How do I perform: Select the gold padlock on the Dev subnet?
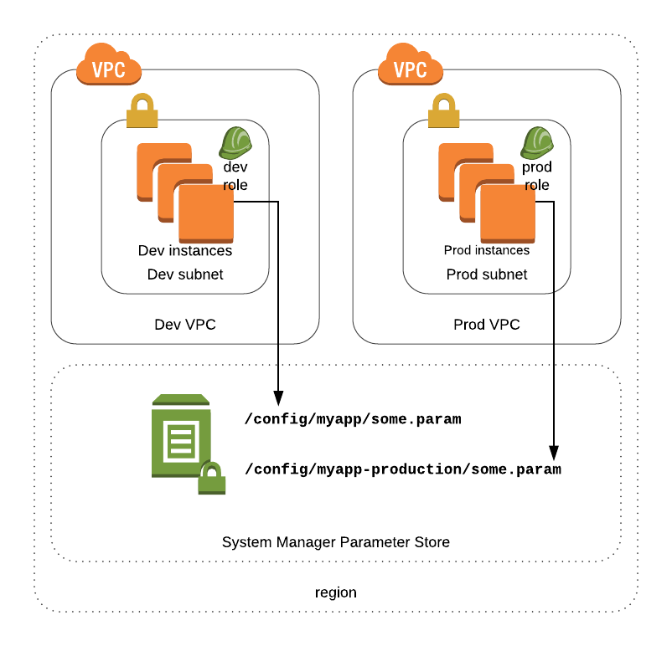click(x=142, y=111)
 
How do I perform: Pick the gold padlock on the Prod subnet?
click(x=443, y=111)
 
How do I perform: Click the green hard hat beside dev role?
click(x=235, y=143)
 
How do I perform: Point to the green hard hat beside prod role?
click(x=537, y=143)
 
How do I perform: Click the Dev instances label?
click(x=185, y=250)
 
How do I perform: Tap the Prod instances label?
click(x=487, y=250)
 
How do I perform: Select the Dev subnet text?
click(x=185, y=274)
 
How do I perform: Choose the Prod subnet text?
click(x=487, y=274)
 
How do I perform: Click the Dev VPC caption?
click(x=185, y=325)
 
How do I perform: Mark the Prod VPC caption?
click(x=487, y=325)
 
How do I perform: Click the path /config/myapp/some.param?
click(x=353, y=419)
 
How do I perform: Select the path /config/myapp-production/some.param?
click(x=403, y=469)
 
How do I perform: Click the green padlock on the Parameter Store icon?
click(x=211, y=479)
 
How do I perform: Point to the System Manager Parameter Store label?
click(x=336, y=542)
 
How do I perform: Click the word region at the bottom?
click(x=336, y=592)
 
